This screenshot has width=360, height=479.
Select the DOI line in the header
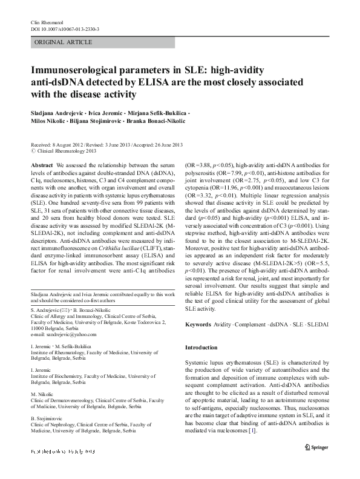[65, 28]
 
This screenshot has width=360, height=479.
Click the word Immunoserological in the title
[77, 71]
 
